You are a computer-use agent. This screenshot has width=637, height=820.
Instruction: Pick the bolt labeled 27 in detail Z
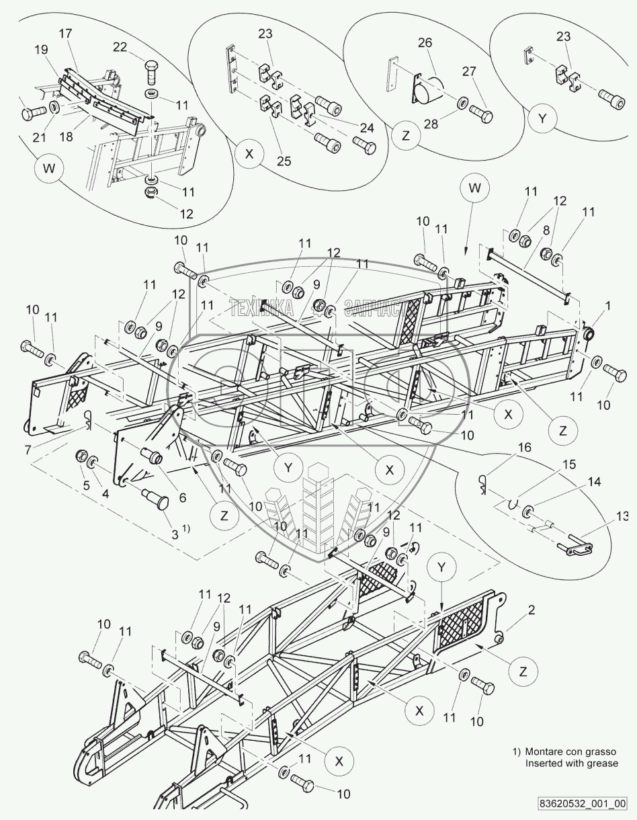[482, 114]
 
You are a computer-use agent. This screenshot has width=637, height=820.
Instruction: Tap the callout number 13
[623, 516]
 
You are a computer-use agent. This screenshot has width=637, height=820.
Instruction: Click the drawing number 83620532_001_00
[582, 804]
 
